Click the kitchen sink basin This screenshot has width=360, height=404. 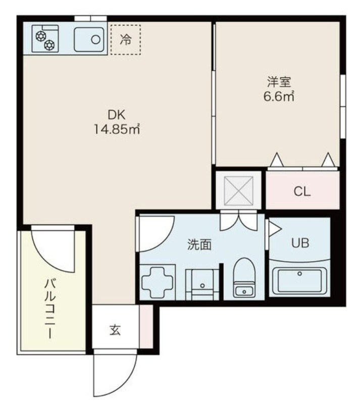(89, 39)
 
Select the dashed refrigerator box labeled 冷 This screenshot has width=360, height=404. (126, 40)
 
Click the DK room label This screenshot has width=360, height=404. (117, 115)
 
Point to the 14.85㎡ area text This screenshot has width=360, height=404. (117, 129)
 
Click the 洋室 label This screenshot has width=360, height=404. (279, 82)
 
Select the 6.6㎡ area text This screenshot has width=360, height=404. (279, 96)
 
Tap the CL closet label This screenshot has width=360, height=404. (302, 191)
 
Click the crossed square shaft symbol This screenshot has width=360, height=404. (238, 191)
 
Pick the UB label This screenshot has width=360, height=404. (300, 243)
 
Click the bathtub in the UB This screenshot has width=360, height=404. (299, 281)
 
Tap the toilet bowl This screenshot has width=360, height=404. (244, 278)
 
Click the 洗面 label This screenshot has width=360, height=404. (199, 245)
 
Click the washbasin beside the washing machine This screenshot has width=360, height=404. (202, 284)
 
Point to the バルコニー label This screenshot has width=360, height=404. (50, 309)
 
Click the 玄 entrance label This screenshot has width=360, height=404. (115, 330)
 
